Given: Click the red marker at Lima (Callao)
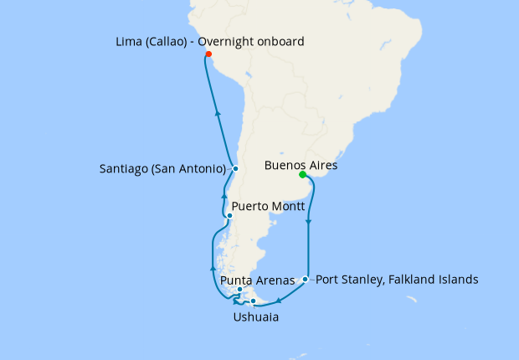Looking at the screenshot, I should click(208, 55).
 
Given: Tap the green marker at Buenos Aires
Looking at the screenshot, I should click(302, 175).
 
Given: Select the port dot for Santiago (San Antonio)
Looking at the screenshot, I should click(236, 168).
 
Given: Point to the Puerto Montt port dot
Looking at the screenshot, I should click(230, 215).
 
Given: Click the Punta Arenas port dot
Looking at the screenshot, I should click(240, 290).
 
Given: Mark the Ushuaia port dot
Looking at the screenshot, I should click(253, 301).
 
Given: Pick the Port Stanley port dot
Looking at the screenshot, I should click(306, 279).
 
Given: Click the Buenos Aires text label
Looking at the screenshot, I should click(301, 165).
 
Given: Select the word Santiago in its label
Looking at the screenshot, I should click(121, 168).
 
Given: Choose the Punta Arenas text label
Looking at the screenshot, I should click(257, 280).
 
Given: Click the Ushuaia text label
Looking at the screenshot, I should click(256, 317).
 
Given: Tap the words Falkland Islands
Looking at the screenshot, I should click(437, 279).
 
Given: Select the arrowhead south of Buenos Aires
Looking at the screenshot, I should click(310, 222).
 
